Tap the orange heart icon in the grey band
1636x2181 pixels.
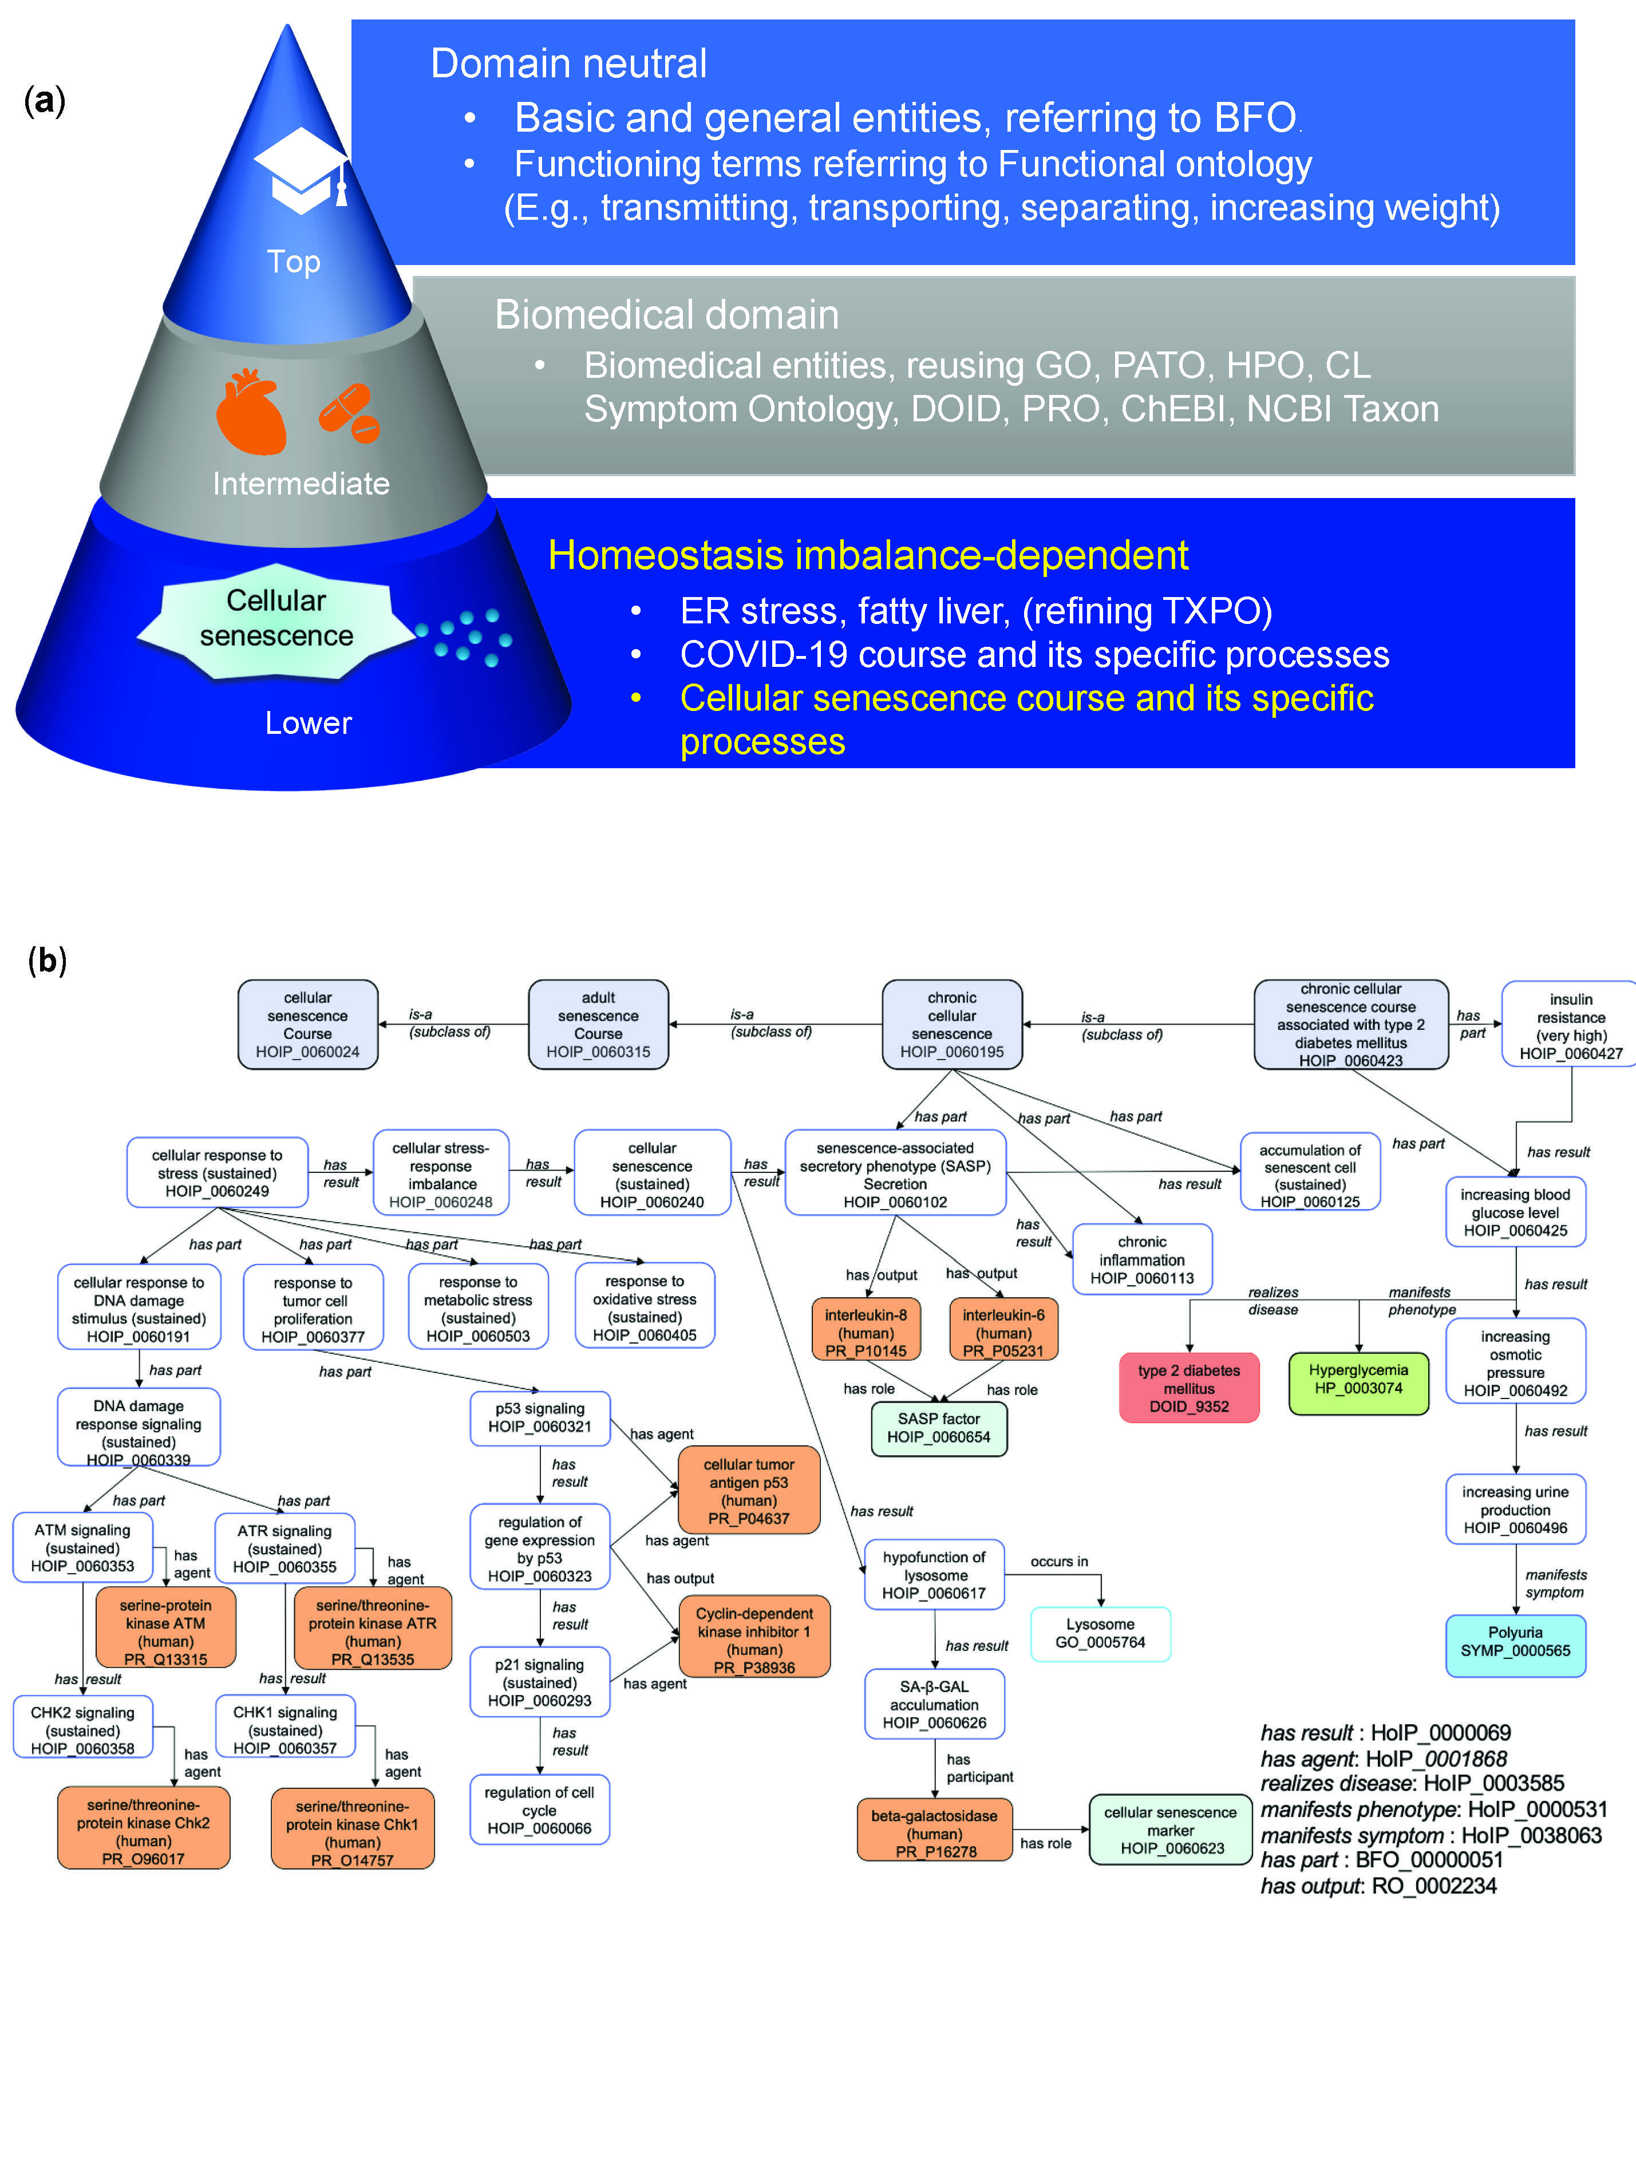tap(251, 412)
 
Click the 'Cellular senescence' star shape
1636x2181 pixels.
tap(276, 619)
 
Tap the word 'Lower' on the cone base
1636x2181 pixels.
tap(307, 723)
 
